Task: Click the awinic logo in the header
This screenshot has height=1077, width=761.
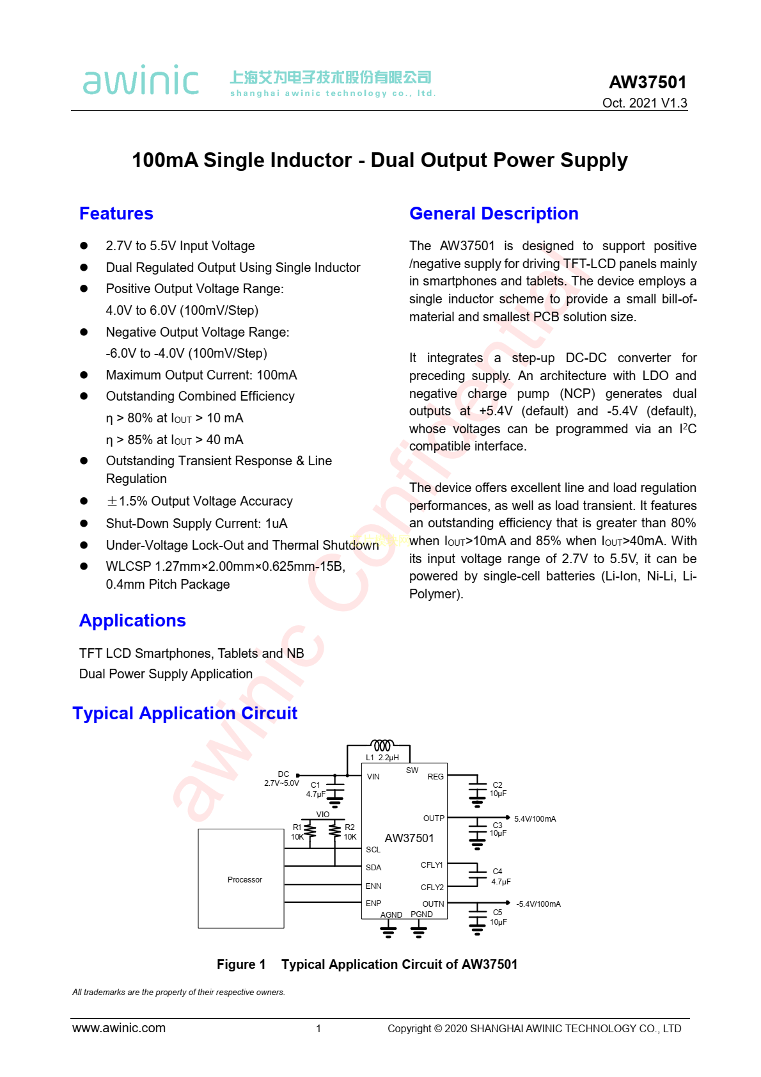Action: (x=141, y=81)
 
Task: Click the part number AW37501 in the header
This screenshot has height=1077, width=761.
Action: (x=647, y=83)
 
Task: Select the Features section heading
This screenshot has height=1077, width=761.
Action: (x=116, y=214)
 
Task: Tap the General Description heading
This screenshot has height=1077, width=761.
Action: (x=494, y=214)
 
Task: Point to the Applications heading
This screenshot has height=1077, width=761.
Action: (x=132, y=621)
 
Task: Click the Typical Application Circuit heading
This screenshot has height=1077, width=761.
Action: (x=185, y=714)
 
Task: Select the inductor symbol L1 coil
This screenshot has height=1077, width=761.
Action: (x=382, y=746)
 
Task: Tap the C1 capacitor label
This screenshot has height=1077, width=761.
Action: (x=315, y=785)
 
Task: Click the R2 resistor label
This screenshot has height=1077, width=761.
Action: (x=350, y=827)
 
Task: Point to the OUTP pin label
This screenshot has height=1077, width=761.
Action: (x=434, y=818)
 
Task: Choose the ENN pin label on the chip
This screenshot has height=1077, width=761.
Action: (x=373, y=886)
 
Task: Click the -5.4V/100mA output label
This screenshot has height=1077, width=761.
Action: (x=538, y=904)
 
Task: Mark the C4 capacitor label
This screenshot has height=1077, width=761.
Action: (x=498, y=872)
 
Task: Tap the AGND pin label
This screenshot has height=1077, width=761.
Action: (x=391, y=915)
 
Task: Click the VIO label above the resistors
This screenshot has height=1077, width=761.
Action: (x=323, y=815)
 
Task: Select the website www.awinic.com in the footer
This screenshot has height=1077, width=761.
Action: (x=119, y=1028)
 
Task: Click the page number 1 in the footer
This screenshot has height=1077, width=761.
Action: (x=318, y=1029)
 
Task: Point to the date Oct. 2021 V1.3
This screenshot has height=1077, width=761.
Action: (x=645, y=103)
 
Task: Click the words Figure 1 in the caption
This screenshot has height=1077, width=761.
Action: (x=241, y=964)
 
